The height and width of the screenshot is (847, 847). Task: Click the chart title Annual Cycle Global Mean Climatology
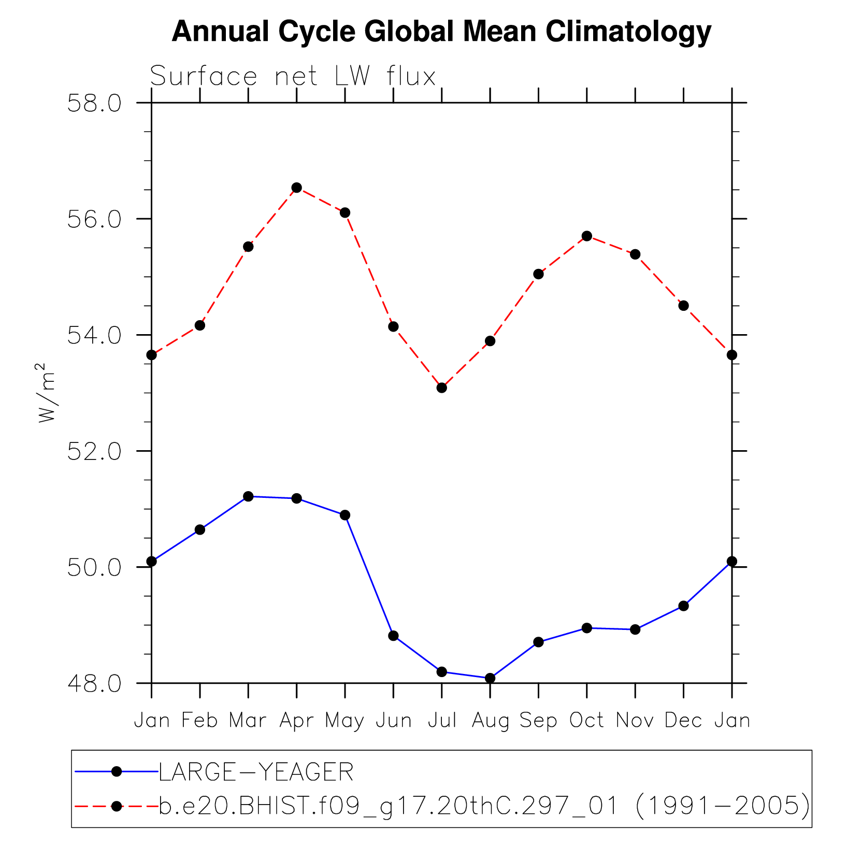[x=441, y=32]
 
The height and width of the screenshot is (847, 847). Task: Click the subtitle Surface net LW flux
[x=293, y=77]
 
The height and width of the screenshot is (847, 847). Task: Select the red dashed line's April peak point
[x=296, y=188]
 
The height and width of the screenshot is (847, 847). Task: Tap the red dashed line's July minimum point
[x=441, y=387]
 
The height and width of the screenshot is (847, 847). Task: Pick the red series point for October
[x=586, y=236]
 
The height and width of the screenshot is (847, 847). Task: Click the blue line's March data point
[x=248, y=496]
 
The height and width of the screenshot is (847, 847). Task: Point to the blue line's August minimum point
[x=490, y=678]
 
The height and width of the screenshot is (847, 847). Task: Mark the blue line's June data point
[x=393, y=636]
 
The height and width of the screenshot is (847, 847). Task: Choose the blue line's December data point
[x=683, y=606]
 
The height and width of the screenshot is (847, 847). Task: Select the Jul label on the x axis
[x=442, y=721]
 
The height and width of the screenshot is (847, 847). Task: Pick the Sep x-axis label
[x=538, y=721]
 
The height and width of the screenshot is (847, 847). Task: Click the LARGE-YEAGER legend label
[x=256, y=772]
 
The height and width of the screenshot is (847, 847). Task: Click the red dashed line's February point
[x=200, y=325]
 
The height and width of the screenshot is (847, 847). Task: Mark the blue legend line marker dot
[x=117, y=772]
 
